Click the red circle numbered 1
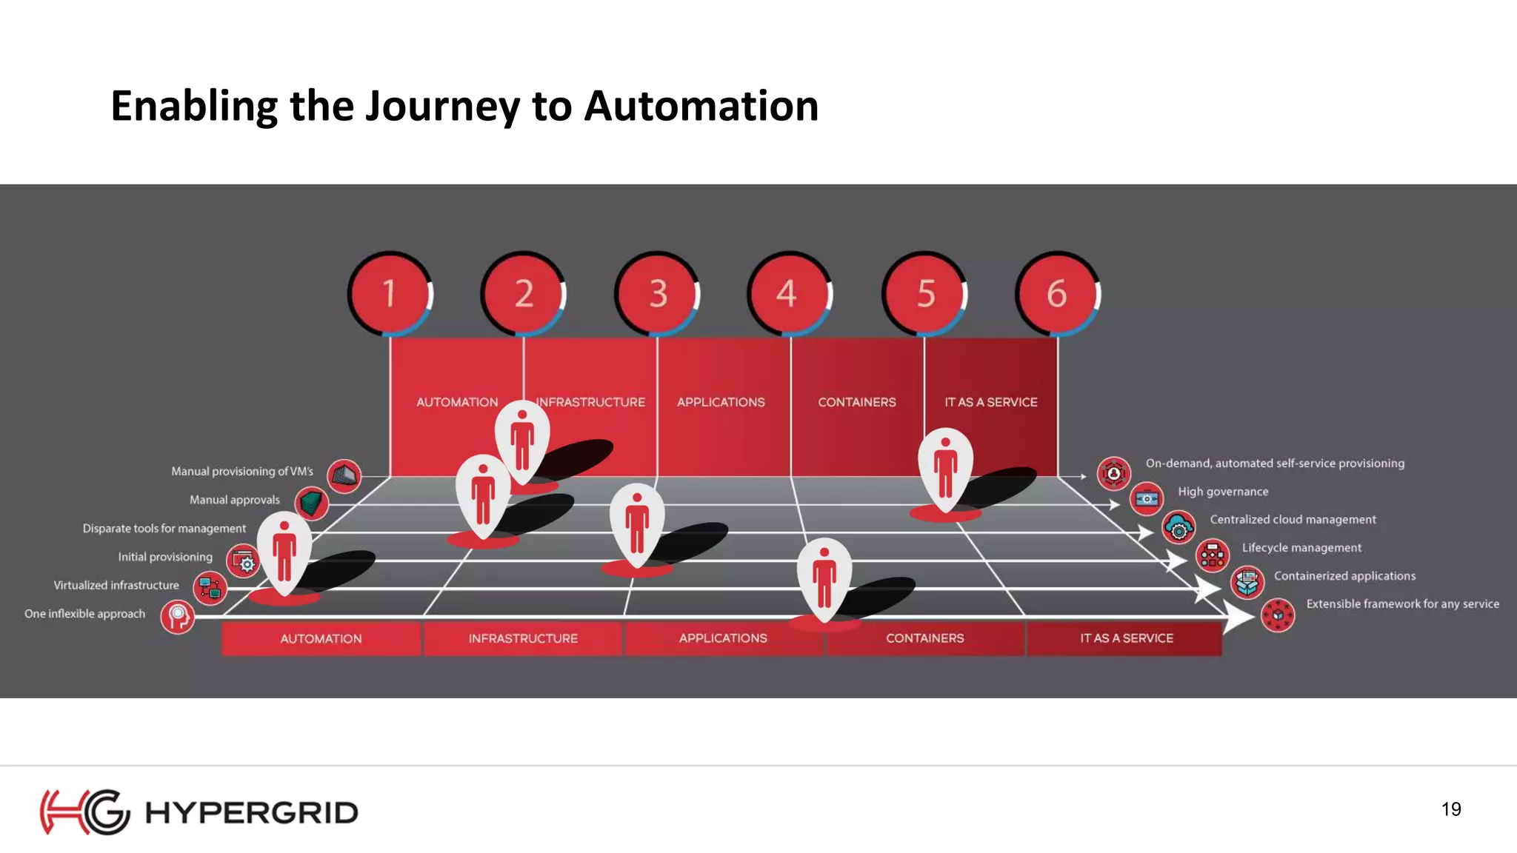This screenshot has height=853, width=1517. (390, 293)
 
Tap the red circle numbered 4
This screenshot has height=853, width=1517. (787, 293)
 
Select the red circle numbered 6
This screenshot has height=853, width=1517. (1056, 293)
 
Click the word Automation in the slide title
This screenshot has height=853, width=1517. (701, 106)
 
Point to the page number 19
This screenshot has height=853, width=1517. (1451, 809)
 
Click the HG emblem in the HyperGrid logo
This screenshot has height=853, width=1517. (84, 812)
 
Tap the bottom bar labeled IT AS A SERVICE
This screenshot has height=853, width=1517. (1126, 638)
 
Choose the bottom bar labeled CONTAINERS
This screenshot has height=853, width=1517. (924, 638)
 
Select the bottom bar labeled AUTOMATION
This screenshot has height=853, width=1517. (321, 638)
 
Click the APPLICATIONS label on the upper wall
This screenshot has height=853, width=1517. (721, 402)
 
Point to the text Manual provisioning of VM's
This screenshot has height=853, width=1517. (242, 472)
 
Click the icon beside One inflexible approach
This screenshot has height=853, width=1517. (178, 616)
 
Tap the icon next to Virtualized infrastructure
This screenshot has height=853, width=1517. (210, 588)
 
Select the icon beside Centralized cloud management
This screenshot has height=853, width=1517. (1178, 527)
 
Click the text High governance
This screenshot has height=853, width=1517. (1223, 492)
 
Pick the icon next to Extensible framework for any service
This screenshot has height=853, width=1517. (1278, 615)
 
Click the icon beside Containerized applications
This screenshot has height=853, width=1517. (1247, 582)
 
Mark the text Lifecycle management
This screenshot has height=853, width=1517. (1301, 548)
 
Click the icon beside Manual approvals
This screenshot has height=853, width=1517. (312, 503)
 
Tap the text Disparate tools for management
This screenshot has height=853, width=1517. (164, 529)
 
